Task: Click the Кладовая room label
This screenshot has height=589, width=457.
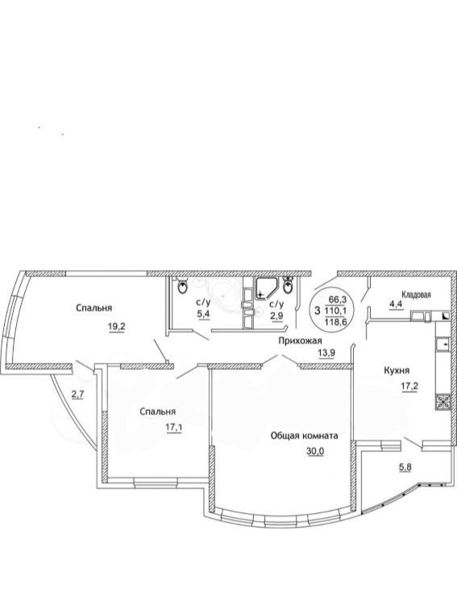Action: [x=417, y=294]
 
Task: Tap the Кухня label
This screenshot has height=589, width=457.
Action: [x=397, y=370]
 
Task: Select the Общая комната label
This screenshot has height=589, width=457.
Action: [x=305, y=436]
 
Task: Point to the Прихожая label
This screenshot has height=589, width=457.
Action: [x=300, y=340]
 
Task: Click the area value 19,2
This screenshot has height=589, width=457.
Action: [x=116, y=327]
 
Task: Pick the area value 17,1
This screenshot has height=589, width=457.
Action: [x=173, y=428]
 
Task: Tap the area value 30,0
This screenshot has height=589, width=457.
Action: [x=315, y=451]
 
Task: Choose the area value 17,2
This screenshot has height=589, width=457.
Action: [x=409, y=386]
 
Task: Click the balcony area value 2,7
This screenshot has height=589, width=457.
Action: [x=77, y=394]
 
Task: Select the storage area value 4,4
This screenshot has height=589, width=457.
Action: [x=396, y=304]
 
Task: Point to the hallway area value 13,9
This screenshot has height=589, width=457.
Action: [x=326, y=353]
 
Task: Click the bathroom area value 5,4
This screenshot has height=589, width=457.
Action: [x=203, y=314]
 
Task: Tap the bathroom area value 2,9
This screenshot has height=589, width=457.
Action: [x=277, y=315]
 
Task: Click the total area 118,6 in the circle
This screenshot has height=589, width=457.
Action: [x=337, y=322]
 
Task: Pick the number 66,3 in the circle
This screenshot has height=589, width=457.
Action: [x=338, y=300]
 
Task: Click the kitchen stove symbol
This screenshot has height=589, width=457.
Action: [x=443, y=403]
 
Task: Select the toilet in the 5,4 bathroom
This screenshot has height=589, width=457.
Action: [x=182, y=286]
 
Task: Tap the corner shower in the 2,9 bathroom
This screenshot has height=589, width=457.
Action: [x=267, y=288]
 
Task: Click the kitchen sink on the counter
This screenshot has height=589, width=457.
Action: [x=443, y=344]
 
